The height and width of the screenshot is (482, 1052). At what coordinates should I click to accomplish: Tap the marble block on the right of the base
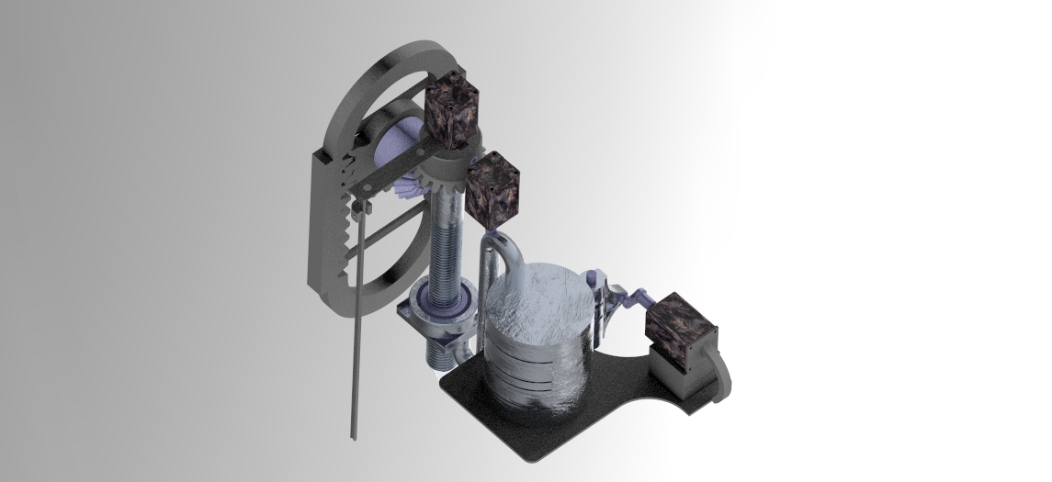[681, 331]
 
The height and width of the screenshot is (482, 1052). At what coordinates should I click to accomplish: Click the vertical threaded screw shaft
[447, 248]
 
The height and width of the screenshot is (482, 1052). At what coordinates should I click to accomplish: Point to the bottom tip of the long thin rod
[352, 436]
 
